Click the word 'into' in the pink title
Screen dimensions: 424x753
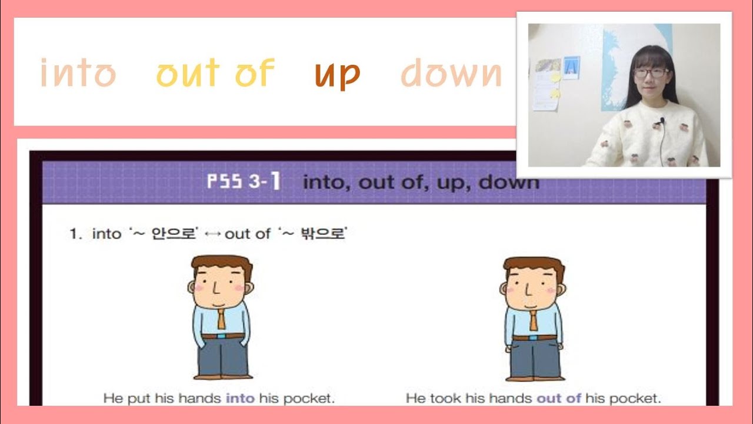tap(78, 74)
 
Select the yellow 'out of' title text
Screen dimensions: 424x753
tap(215, 74)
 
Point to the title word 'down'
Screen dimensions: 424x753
tap(451, 74)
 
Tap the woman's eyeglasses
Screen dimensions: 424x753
tap(651, 73)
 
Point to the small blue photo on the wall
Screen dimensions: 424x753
tap(571, 68)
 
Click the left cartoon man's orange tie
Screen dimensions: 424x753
tap(221, 319)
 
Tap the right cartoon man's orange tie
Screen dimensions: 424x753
tap(533, 320)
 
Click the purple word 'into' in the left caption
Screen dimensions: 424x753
tap(240, 398)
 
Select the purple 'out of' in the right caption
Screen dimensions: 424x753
tap(558, 398)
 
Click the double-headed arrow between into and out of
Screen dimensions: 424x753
tap(213, 234)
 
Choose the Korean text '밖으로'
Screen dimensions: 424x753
tap(322, 234)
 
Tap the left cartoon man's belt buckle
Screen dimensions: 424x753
tap(221, 336)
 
